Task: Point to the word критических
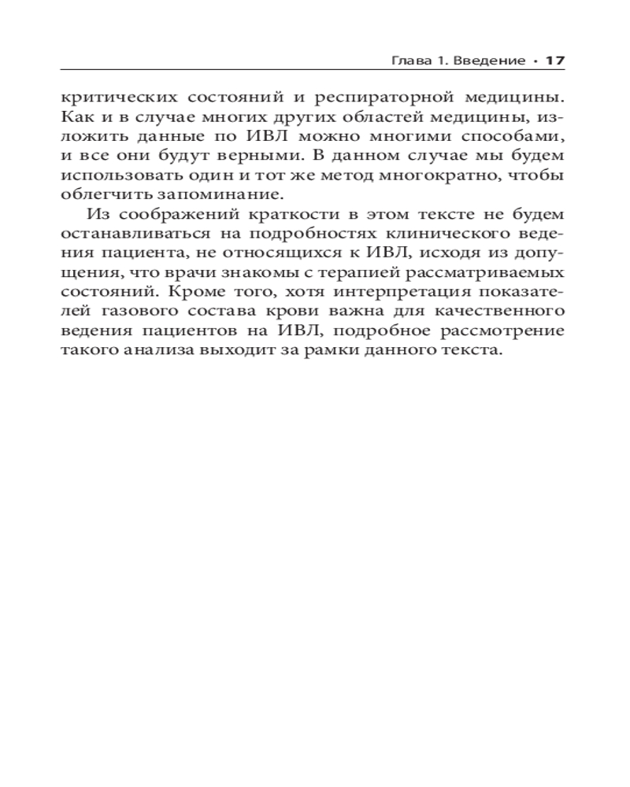click(x=116, y=99)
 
